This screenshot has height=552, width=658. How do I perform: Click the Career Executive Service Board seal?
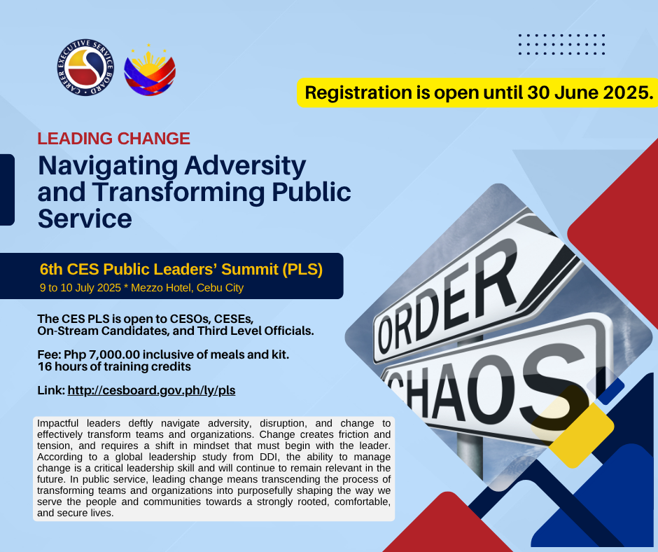85,68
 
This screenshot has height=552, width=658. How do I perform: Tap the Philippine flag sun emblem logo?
150,70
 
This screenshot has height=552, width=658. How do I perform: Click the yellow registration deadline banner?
477,92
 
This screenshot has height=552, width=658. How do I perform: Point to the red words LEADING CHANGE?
113,139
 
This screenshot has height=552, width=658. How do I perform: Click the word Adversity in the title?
245,166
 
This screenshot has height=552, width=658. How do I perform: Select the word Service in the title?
85,219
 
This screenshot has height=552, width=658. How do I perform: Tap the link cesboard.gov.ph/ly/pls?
151,390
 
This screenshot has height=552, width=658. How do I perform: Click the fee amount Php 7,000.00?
102,354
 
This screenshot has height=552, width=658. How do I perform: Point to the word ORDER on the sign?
448,299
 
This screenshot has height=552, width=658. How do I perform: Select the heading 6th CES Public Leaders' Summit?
181,269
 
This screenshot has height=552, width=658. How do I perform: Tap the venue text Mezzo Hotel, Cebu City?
187,288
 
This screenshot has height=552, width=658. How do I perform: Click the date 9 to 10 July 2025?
80,288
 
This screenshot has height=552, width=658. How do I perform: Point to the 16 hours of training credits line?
114,367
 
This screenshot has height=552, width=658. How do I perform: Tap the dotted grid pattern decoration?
561,45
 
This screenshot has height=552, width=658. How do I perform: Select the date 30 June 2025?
590,92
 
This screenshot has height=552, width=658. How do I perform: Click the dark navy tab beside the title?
7,190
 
